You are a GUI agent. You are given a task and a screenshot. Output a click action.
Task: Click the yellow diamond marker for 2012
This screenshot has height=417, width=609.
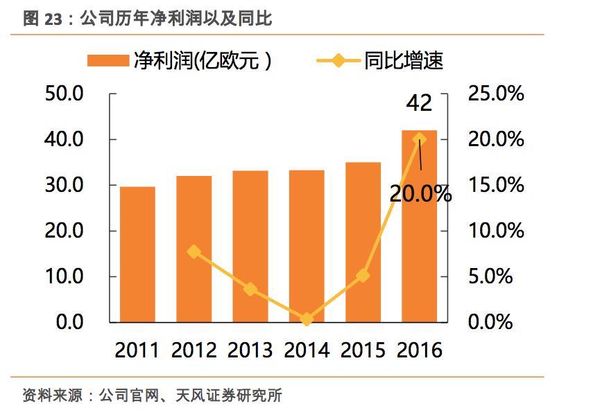pyautogui.click(x=194, y=251)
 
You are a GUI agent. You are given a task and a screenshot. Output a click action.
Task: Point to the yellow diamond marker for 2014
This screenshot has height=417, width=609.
pyautogui.click(x=307, y=319)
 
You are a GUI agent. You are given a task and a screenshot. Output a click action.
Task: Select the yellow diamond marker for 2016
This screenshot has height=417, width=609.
pyautogui.click(x=420, y=139)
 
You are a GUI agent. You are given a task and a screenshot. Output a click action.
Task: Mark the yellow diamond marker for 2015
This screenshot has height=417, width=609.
pyautogui.click(x=363, y=276)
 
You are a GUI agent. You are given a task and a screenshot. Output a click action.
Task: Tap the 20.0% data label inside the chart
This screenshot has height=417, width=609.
pyautogui.click(x=420, y=194)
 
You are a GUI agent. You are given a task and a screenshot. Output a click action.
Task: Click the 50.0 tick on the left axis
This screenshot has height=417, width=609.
pyautogui.click(x=64, y=94)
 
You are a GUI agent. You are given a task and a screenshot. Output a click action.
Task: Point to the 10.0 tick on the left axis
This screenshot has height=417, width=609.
pyautogui.click(x=64, y=276)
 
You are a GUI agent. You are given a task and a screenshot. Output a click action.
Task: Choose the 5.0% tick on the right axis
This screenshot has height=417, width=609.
pyautogui.click(x=490, y=276)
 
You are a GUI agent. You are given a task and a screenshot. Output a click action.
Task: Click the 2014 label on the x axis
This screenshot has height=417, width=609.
pyautogui.click(x=307, y=350)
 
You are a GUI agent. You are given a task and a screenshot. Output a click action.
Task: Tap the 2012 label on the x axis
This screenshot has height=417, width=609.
pyautogui.click(x=194, y=350)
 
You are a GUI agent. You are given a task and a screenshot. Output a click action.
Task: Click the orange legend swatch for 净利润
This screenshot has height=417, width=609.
pyautogui.click(x=109, y=61)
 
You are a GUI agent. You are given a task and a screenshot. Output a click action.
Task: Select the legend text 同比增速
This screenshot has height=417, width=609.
pyautogui.click(x=404, y=61)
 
